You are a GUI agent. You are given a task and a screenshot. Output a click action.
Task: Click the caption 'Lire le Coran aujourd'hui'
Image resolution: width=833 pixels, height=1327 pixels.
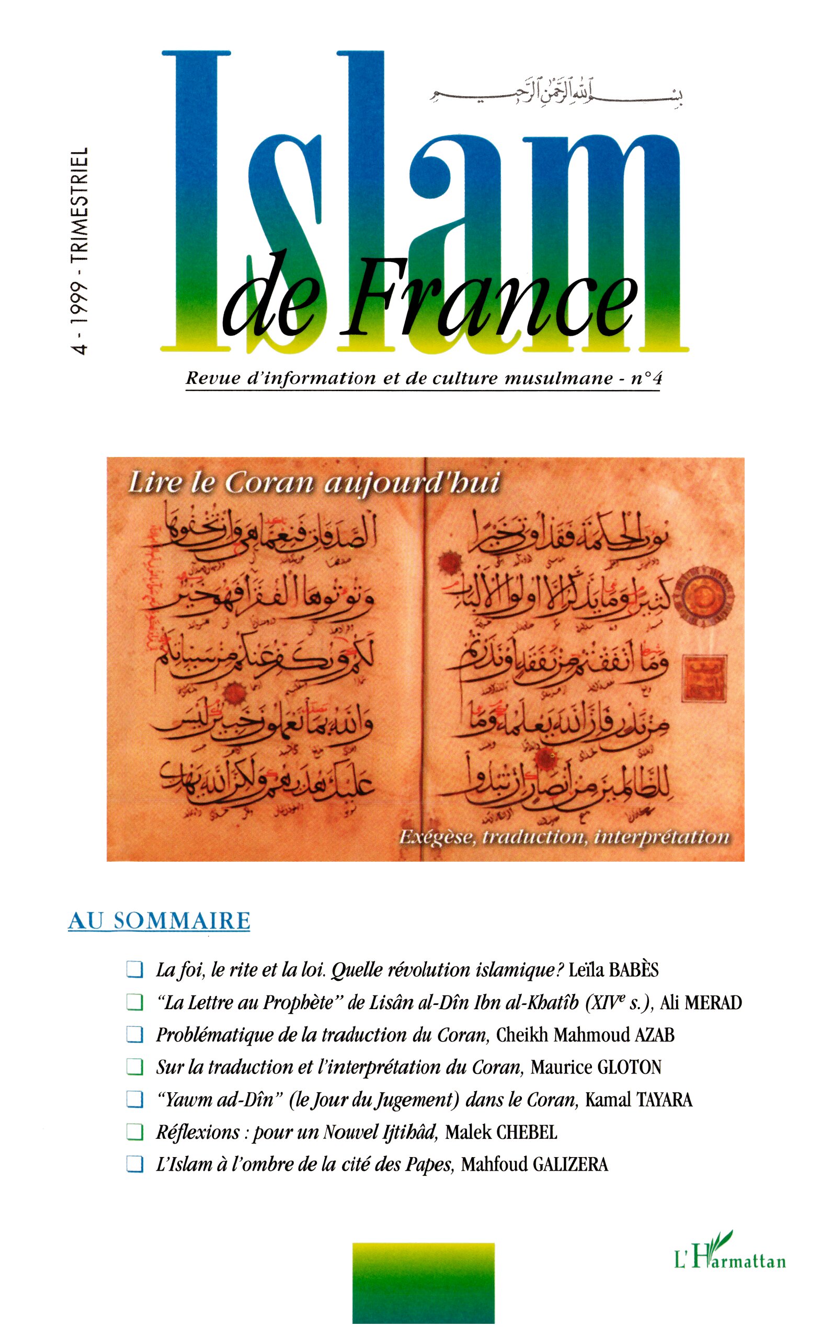pos(314,484)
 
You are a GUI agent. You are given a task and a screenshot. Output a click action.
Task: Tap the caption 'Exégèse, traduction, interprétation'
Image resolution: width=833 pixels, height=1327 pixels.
pos(564,838)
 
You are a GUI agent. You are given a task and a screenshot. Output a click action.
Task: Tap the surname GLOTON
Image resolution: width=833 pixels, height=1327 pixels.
pos(629,1067)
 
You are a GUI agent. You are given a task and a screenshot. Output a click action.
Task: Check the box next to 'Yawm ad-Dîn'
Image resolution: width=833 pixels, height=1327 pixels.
pos(134,1100)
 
